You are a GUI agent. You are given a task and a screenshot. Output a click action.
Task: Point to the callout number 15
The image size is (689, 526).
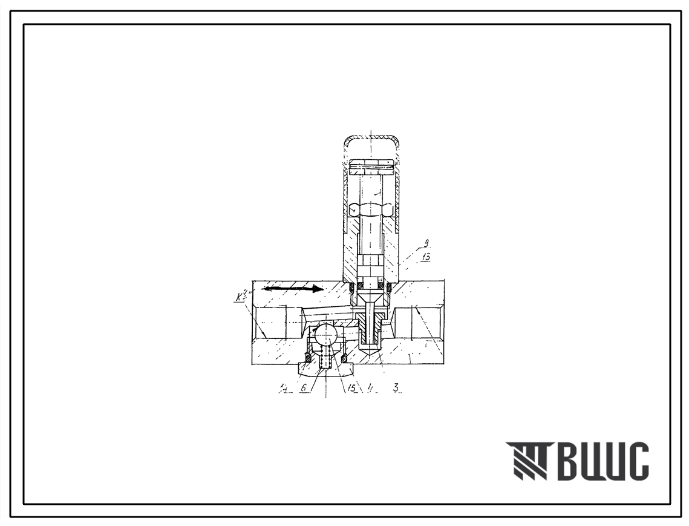pos(350,388)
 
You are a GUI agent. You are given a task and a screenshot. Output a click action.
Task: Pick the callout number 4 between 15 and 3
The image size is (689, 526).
pos(368,388)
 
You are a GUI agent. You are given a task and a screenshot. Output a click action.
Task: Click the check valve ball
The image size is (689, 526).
pos(325,335)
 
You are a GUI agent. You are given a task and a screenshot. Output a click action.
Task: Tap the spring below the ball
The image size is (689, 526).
pos(325,360)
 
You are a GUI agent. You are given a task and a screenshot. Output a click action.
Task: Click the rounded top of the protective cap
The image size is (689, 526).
pos(371,140)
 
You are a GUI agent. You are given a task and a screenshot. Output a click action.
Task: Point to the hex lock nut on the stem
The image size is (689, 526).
pos(371,209)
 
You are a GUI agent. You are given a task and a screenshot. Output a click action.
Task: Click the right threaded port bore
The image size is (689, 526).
pos(420,322)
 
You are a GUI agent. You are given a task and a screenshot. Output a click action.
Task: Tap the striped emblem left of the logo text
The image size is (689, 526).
pos(527,462)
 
